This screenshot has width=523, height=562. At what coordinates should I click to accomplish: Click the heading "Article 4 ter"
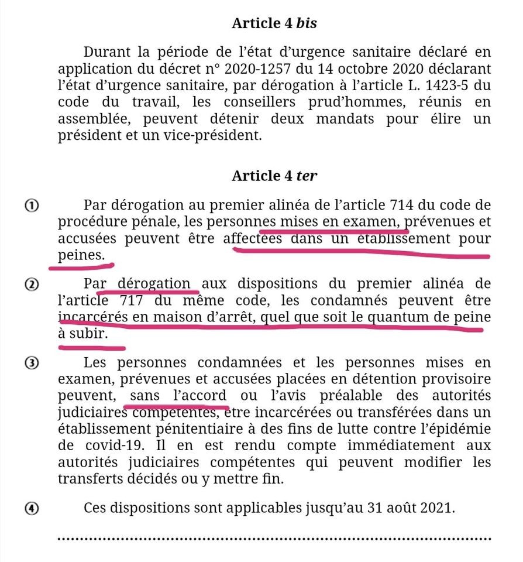point(274,176)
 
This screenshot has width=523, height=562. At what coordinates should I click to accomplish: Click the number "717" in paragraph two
point(125,301)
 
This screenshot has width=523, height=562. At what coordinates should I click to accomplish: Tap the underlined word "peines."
point(82,255)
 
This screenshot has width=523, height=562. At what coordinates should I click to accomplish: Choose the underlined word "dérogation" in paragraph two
point(154,285)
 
